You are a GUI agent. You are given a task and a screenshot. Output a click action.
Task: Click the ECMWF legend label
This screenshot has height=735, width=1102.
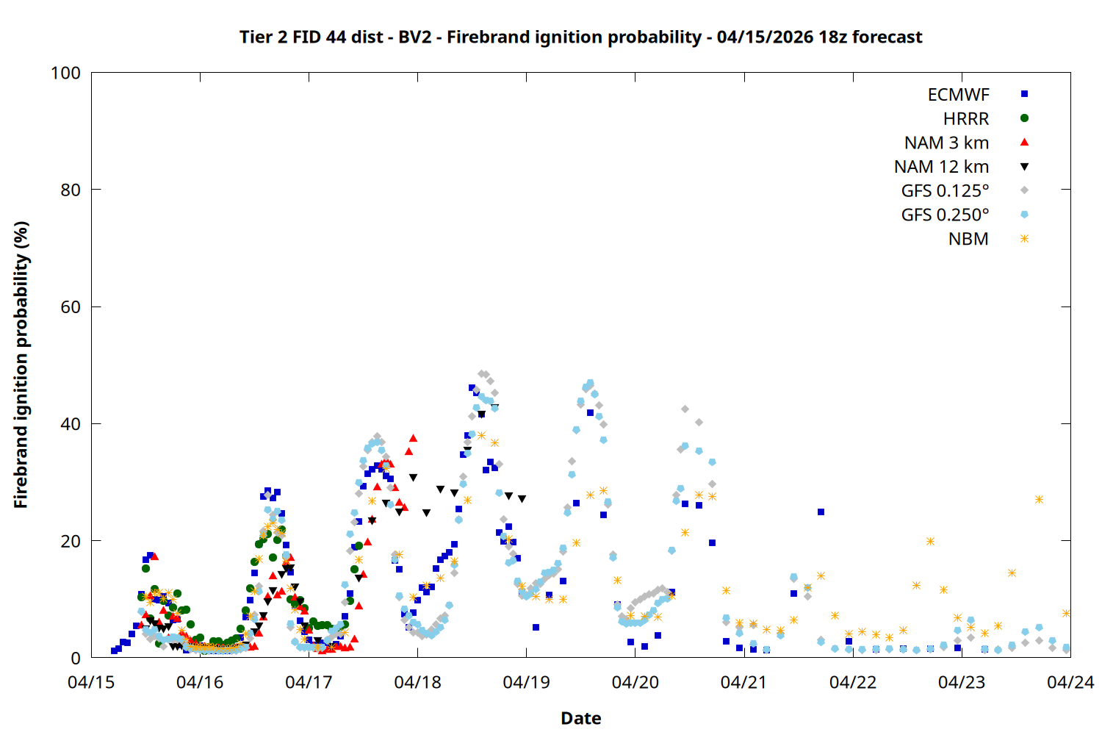(x=958, y=95)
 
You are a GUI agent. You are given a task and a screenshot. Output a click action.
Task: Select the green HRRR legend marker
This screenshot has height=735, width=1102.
(x=1024, y=118)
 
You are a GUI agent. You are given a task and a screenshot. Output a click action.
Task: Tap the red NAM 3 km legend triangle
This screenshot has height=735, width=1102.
(x=1024, y=143)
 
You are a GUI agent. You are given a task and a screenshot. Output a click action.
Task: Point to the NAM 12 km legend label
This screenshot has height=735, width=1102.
(x=941, y=167)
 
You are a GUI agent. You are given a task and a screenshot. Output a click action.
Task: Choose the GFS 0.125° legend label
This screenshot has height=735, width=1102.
(x=945, y=191)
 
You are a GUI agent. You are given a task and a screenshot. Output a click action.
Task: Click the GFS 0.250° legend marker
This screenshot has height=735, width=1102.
(x=1024, y=215)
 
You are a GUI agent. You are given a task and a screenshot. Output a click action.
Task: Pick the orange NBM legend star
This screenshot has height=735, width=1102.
(x=1024, y=239)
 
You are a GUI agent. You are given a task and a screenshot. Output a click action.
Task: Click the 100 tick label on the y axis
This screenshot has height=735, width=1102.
(x=65, y=73)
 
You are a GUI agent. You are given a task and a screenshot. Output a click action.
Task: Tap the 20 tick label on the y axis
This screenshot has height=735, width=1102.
(x=71, y=541)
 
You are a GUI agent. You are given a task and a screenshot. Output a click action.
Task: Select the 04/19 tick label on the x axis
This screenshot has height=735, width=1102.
(x=526, y=682)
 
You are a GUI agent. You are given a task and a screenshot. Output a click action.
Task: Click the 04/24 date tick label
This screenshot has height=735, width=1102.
(x=1070, y=682)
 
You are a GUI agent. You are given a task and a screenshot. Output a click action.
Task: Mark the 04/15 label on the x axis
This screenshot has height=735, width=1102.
(x=91, y=682)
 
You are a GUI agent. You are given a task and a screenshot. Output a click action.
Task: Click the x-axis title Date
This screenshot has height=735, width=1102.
(x=580, y=718)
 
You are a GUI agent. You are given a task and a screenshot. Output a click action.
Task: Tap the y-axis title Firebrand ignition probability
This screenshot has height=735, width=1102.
(x=21, y=365)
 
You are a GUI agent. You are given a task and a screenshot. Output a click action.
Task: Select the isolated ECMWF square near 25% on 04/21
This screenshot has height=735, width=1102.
(x=821, y=512)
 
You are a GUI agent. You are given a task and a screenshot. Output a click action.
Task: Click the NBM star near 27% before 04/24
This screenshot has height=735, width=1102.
(x=1039, y=499)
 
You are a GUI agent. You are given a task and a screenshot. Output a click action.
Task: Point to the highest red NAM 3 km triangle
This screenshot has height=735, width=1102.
(x=413, y=438)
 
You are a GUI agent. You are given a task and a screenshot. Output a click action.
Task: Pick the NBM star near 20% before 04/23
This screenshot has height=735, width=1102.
(x=930, y=541)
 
